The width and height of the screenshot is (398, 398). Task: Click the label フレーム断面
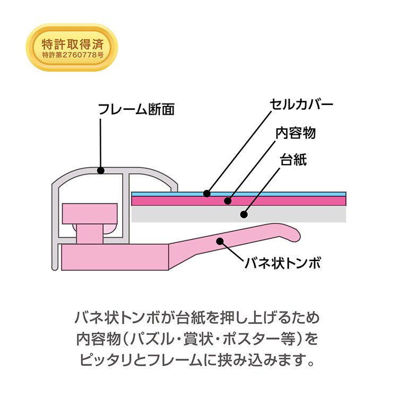click(x=136, y=109)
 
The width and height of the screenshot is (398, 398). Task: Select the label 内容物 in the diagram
click(x=296, y=133)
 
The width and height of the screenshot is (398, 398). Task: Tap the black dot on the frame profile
click(x=101, y=170)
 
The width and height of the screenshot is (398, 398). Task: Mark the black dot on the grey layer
click(x=244, y=214)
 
